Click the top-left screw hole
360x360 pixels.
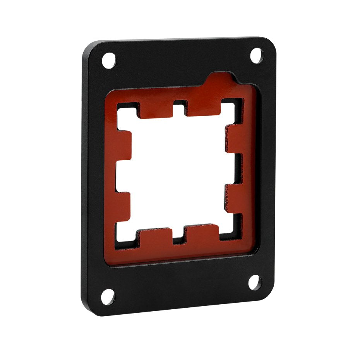[109, 60]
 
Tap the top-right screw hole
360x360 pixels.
[256, 55]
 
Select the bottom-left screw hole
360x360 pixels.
[108, 296]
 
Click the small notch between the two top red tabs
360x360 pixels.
[179, 105]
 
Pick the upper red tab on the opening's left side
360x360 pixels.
[123, 146]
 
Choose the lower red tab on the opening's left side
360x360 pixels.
[122, 206]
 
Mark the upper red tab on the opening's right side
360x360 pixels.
[235, 138]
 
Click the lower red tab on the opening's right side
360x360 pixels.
[234, 198]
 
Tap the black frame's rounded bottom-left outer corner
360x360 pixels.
[86, 310]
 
